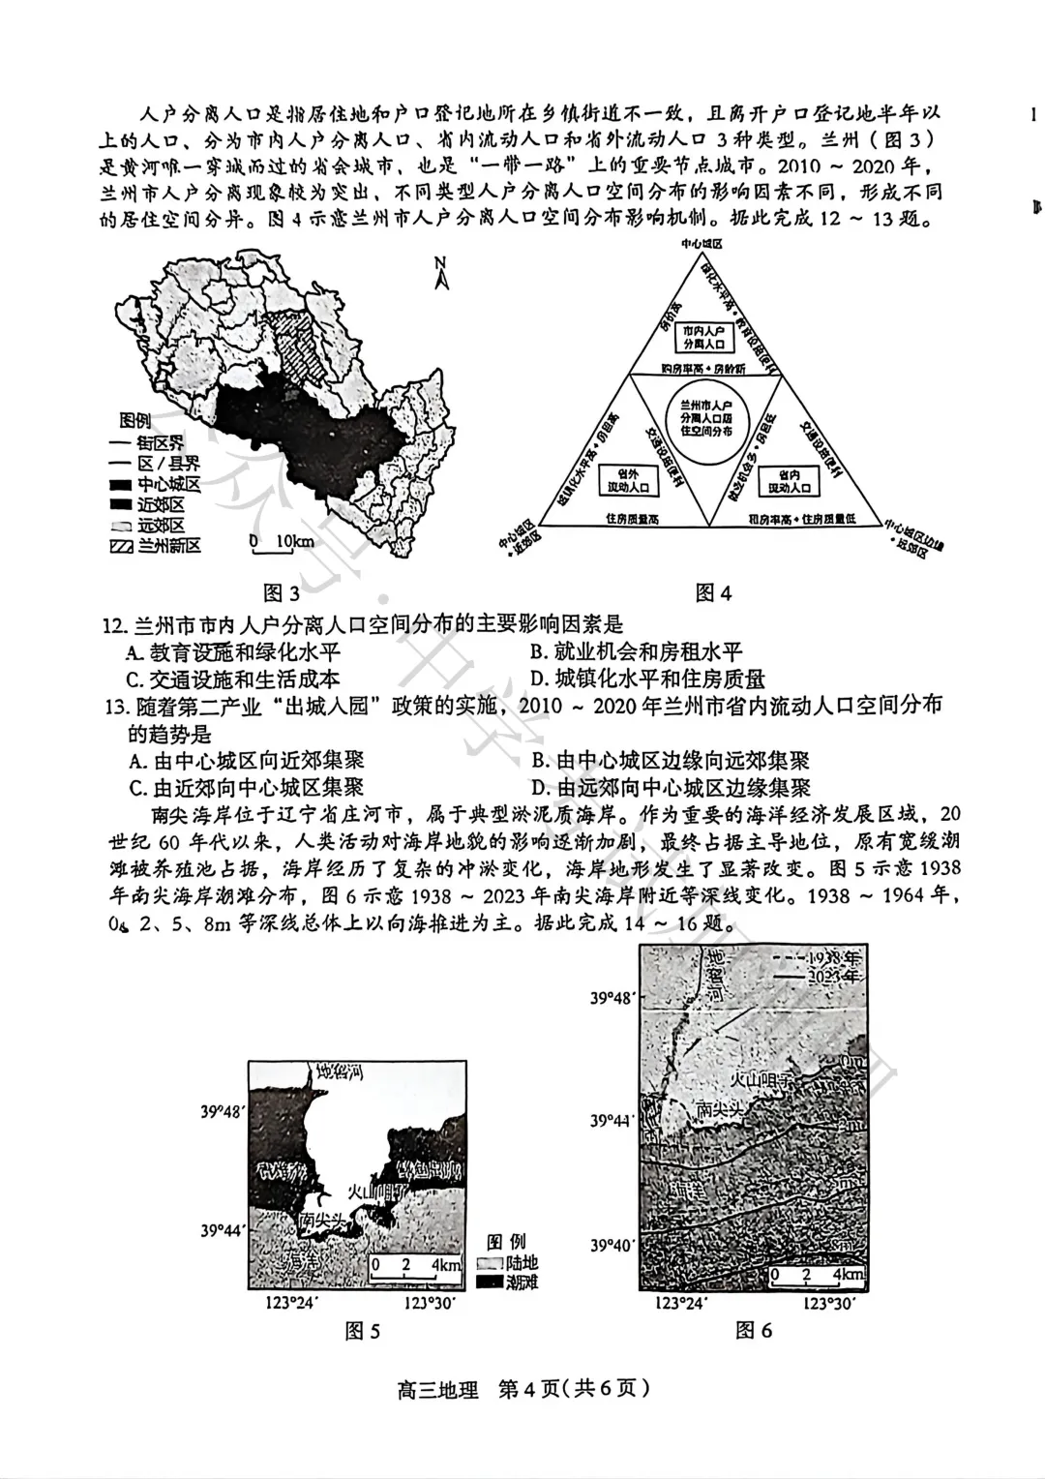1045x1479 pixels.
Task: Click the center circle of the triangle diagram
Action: point(706,417)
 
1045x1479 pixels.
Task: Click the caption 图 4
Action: point(713,592)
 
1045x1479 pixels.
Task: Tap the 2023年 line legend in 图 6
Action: point(823,977)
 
